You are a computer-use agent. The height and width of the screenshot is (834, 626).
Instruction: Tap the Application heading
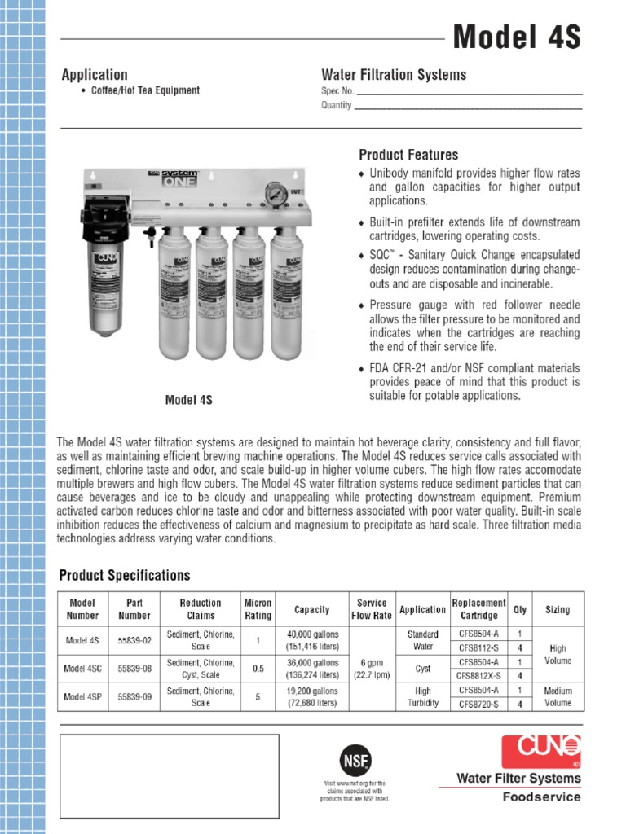(95, 75)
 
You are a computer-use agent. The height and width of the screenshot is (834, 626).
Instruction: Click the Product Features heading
(408, 155)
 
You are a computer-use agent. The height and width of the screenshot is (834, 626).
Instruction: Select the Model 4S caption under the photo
(189, 400)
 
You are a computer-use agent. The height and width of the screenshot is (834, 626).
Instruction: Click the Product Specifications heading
(125, 576)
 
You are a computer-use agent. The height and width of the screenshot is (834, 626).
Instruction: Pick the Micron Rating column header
(258, 609)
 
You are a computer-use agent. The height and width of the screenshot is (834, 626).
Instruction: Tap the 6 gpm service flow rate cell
(372, 669)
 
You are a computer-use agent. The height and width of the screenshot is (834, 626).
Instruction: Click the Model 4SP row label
(82, 696)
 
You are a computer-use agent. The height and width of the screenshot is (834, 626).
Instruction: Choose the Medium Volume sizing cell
(558, 696)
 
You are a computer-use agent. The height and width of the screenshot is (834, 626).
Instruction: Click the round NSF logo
(355, 760)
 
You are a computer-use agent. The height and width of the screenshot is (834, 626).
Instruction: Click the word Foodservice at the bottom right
(541, 797)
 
